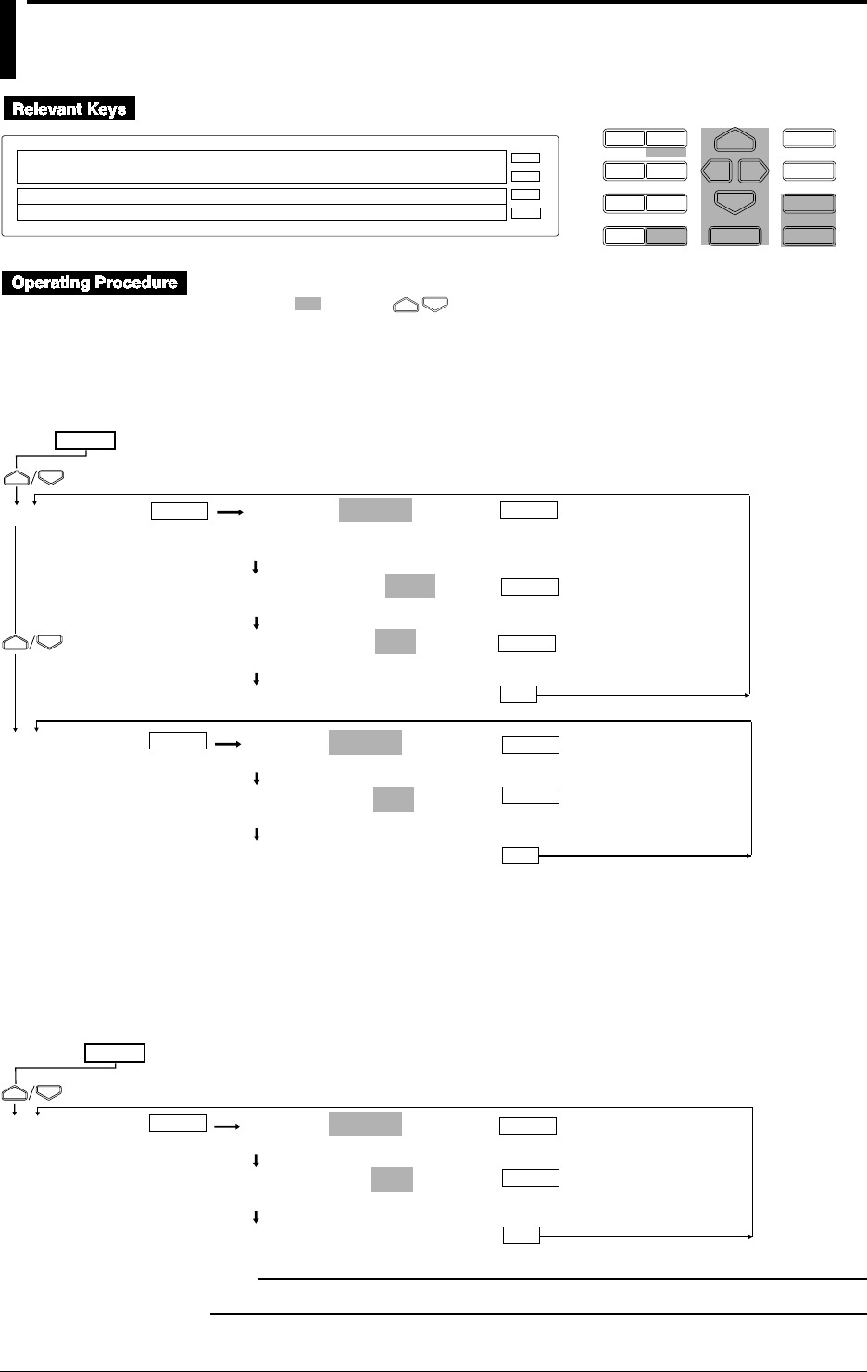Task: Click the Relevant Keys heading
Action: point(69,109)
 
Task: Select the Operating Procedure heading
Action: point(94,283)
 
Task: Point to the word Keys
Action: point(107,109)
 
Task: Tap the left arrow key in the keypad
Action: point(716,170)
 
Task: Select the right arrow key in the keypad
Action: point(753,170)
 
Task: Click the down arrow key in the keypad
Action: point(735,201)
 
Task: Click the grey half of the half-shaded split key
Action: point(666,236)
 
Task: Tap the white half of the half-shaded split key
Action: point(624,236)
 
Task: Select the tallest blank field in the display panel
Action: point(261,168)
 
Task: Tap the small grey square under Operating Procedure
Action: point(308,304)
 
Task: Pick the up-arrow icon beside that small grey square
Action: point(406,304)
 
